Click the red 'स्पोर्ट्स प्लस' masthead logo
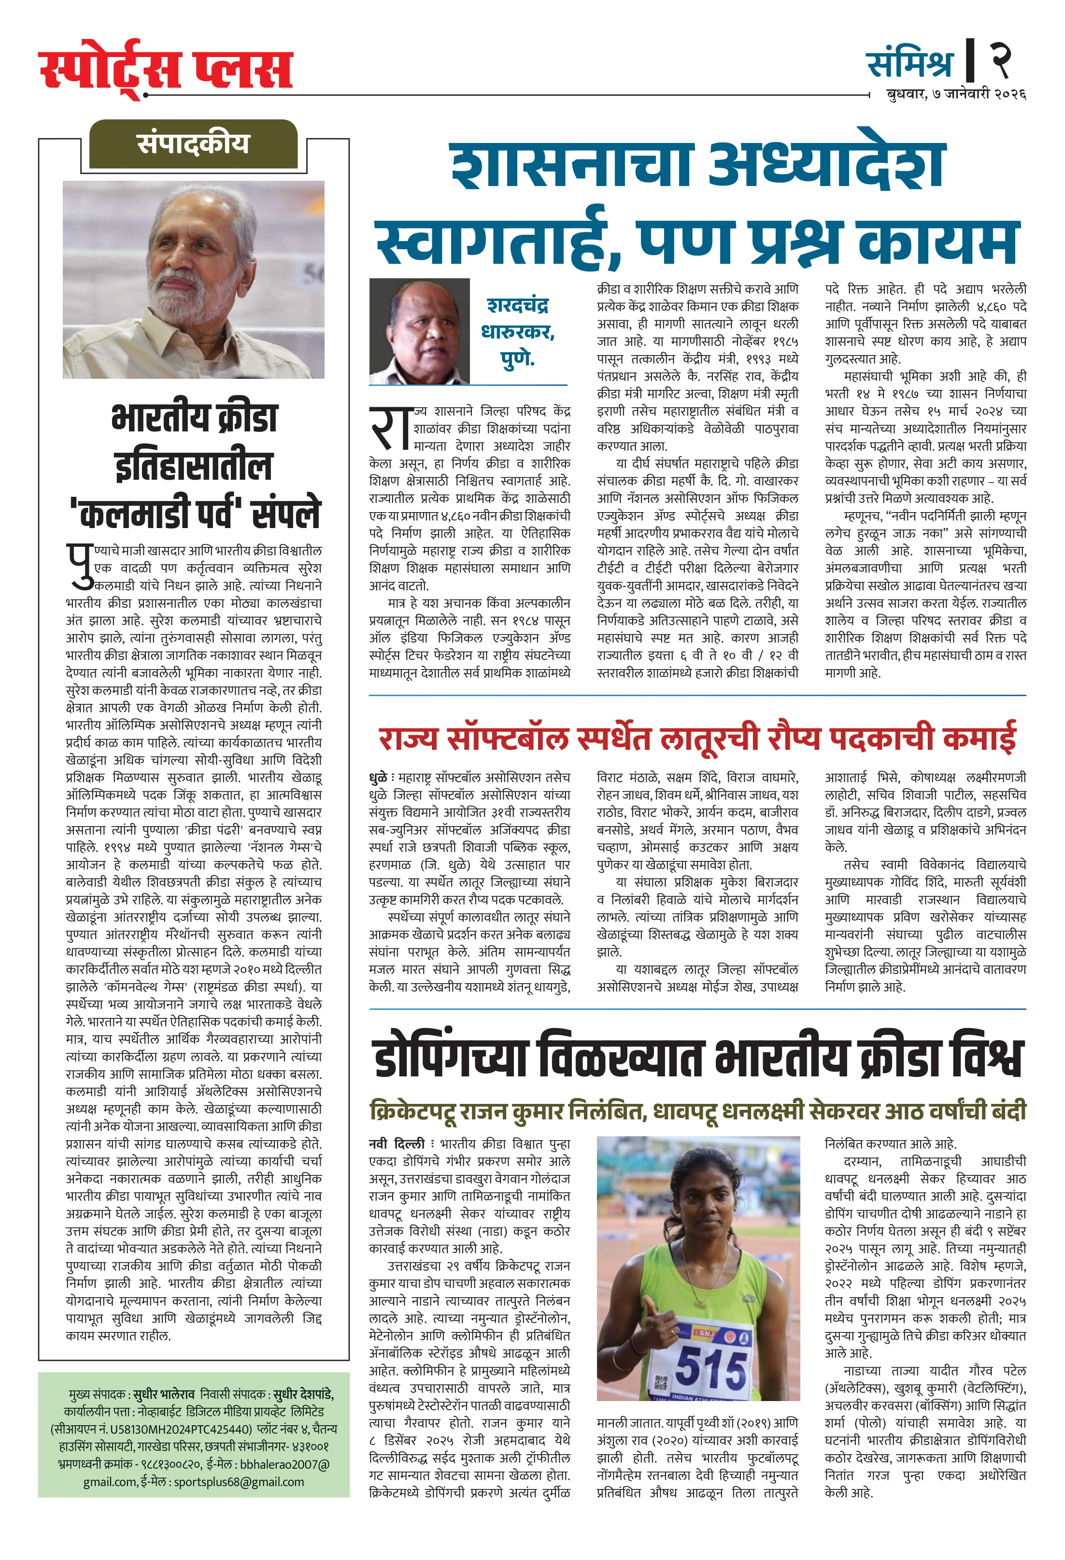tap(166, 69)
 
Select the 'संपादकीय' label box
tap(193, 143)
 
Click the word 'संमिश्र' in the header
tap(909, 64)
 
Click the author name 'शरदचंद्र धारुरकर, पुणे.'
tap(517, 331)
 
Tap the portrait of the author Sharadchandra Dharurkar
tap(419, 331)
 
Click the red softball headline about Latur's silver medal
tap(696, 738)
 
